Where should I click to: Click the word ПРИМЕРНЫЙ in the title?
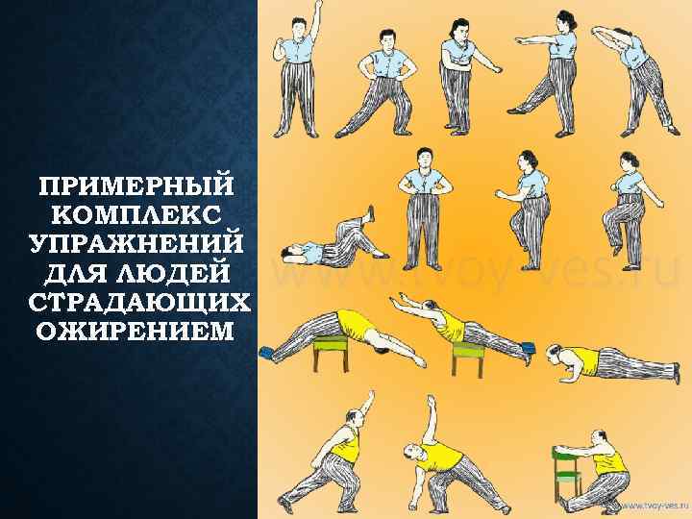136,185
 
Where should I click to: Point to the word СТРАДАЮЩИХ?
139,303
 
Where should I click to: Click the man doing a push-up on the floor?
612,363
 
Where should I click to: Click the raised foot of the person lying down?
372,213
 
